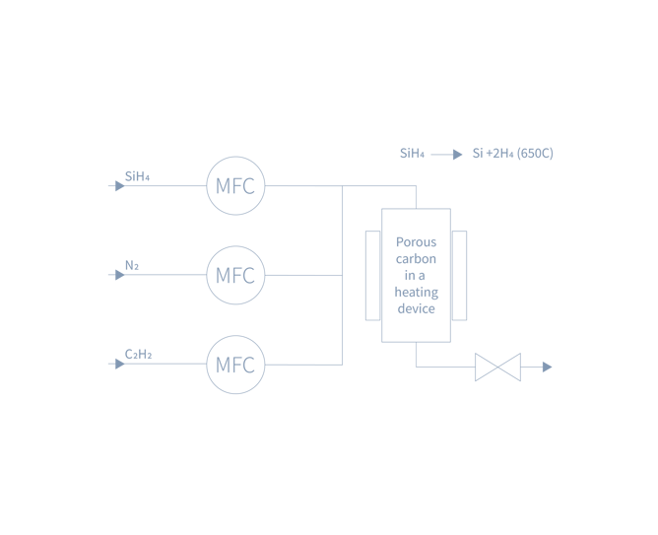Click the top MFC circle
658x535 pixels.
pyautogui.click(x=235, y=185)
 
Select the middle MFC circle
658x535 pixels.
pyautogui.click(x=235, y=275)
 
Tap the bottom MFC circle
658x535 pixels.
pyautogui.click(x=235, y=365)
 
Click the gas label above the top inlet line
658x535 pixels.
pyautogui.click(x=137, y=176)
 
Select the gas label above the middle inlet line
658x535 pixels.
pyautogui.click(x=132, y=265)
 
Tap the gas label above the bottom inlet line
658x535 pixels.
pyautogui.click(x=139, y=354)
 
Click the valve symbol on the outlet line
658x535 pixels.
pyautogui.click(x=497, y=367)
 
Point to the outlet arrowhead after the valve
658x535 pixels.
pyautogui.click(x=547, y=367)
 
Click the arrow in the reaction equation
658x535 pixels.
pyautogui.click(x=446, y=154)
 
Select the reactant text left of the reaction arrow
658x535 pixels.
pyautogui.click(x=412, y=154)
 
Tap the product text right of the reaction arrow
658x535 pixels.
pyautogui.click(x=512, y=154)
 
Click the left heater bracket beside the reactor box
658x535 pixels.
pyautogui.click(x=370, y=275)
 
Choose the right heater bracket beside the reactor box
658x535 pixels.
pyautogui.click(x=460, y=275)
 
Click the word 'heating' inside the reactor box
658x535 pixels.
pyautogui.click(x=416, y=292)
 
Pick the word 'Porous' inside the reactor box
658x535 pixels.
pyautogui.click(x=416, y=241)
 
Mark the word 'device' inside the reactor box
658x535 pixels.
pyautogui.click(x=416, y=308)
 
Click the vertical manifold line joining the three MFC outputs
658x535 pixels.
pyautogui.click(x=342, y=275)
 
